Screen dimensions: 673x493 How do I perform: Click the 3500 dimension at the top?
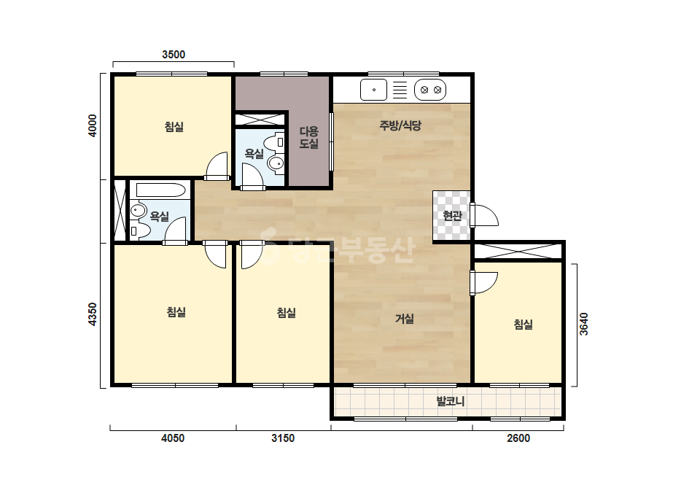[174, 55]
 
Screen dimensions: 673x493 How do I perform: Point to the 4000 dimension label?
[93, 126]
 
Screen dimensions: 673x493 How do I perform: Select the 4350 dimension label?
[93, 314]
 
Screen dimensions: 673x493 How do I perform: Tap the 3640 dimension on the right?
[584, 325]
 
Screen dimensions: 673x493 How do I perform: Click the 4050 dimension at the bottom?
[173, 438]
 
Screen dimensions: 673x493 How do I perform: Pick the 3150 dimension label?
[283, 438]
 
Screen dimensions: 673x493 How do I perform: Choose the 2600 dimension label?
[518, 438]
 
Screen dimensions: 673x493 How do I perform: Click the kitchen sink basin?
[373, 90]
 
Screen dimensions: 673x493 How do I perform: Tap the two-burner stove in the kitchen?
[430, 90]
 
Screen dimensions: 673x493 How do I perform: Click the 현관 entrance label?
[452, 215]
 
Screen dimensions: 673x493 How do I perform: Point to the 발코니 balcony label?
[450, 401]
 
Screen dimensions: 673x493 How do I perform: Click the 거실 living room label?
[405, 319]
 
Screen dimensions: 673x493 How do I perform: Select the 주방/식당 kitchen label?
[400, 125]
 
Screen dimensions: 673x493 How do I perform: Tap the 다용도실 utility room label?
[309, 137]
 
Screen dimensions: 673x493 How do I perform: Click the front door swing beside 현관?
[484, 214]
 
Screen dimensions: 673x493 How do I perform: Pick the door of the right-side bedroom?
[483, 282]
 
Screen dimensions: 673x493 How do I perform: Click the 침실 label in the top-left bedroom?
[174, 127]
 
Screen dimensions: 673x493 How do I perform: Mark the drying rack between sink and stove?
[400, 90]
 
